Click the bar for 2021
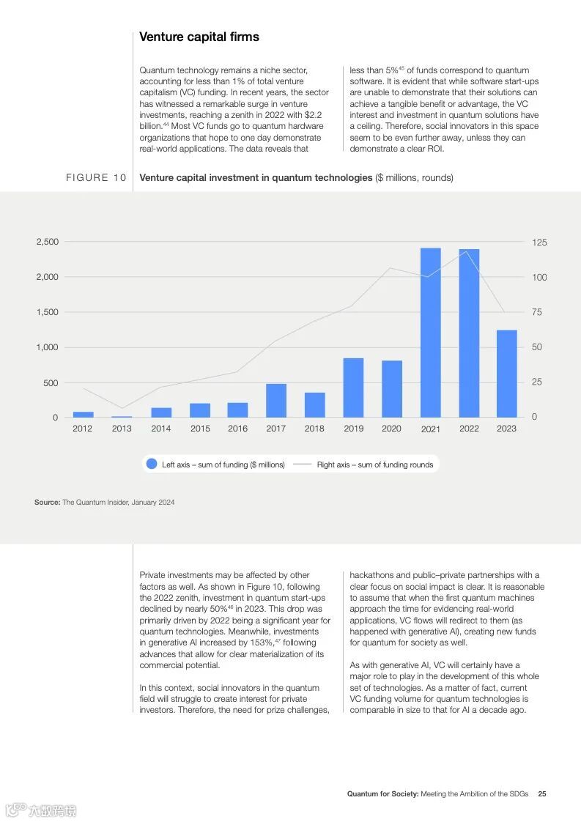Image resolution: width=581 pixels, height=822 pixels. [430, 333]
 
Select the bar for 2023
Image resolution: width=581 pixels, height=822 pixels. [506, 374]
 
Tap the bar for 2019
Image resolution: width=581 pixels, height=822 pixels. [353, 388]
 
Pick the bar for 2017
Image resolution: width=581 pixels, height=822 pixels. [276, 400]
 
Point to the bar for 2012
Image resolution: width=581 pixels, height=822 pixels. [83, 415]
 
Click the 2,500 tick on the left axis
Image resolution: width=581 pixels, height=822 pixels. [47, 242]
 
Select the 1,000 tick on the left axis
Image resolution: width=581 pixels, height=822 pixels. [47, 347]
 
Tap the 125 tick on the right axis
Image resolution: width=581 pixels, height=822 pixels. [539, 242]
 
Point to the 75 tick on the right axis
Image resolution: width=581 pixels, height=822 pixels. [537, 312]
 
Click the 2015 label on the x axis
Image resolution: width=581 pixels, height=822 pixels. [200, 429]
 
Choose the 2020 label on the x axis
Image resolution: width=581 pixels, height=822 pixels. [391, 429]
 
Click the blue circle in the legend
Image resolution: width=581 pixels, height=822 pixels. [152, 464]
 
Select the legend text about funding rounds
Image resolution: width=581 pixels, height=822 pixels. [374, 464]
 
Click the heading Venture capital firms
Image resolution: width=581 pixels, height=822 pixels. [199, 37]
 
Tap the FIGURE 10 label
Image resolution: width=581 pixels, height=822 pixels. [96, 178]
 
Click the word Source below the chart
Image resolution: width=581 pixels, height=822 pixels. [47, 503]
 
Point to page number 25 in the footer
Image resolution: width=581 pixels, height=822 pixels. [542, 794]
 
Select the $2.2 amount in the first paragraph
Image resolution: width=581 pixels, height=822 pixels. [312, 115]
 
